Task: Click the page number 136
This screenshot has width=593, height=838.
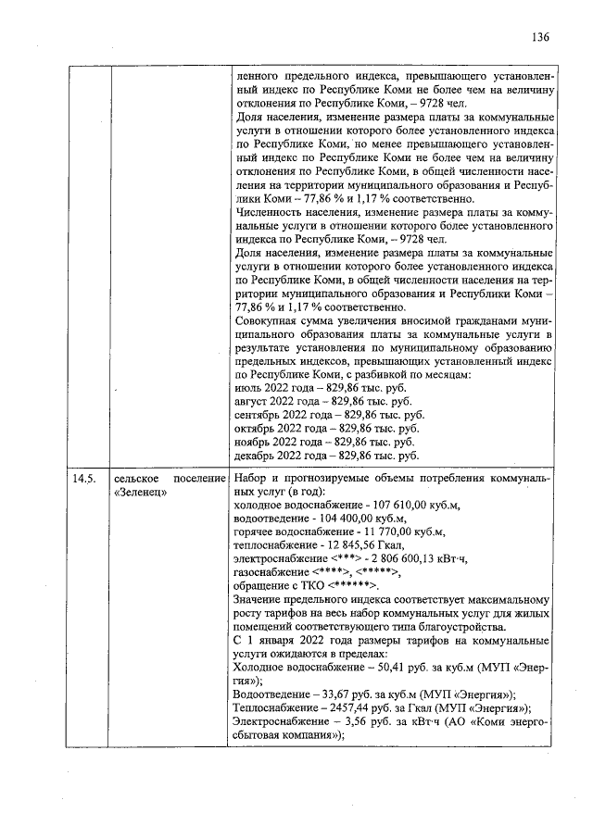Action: click(541, 38)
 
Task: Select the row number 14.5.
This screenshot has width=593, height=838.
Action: click(84, 480)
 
